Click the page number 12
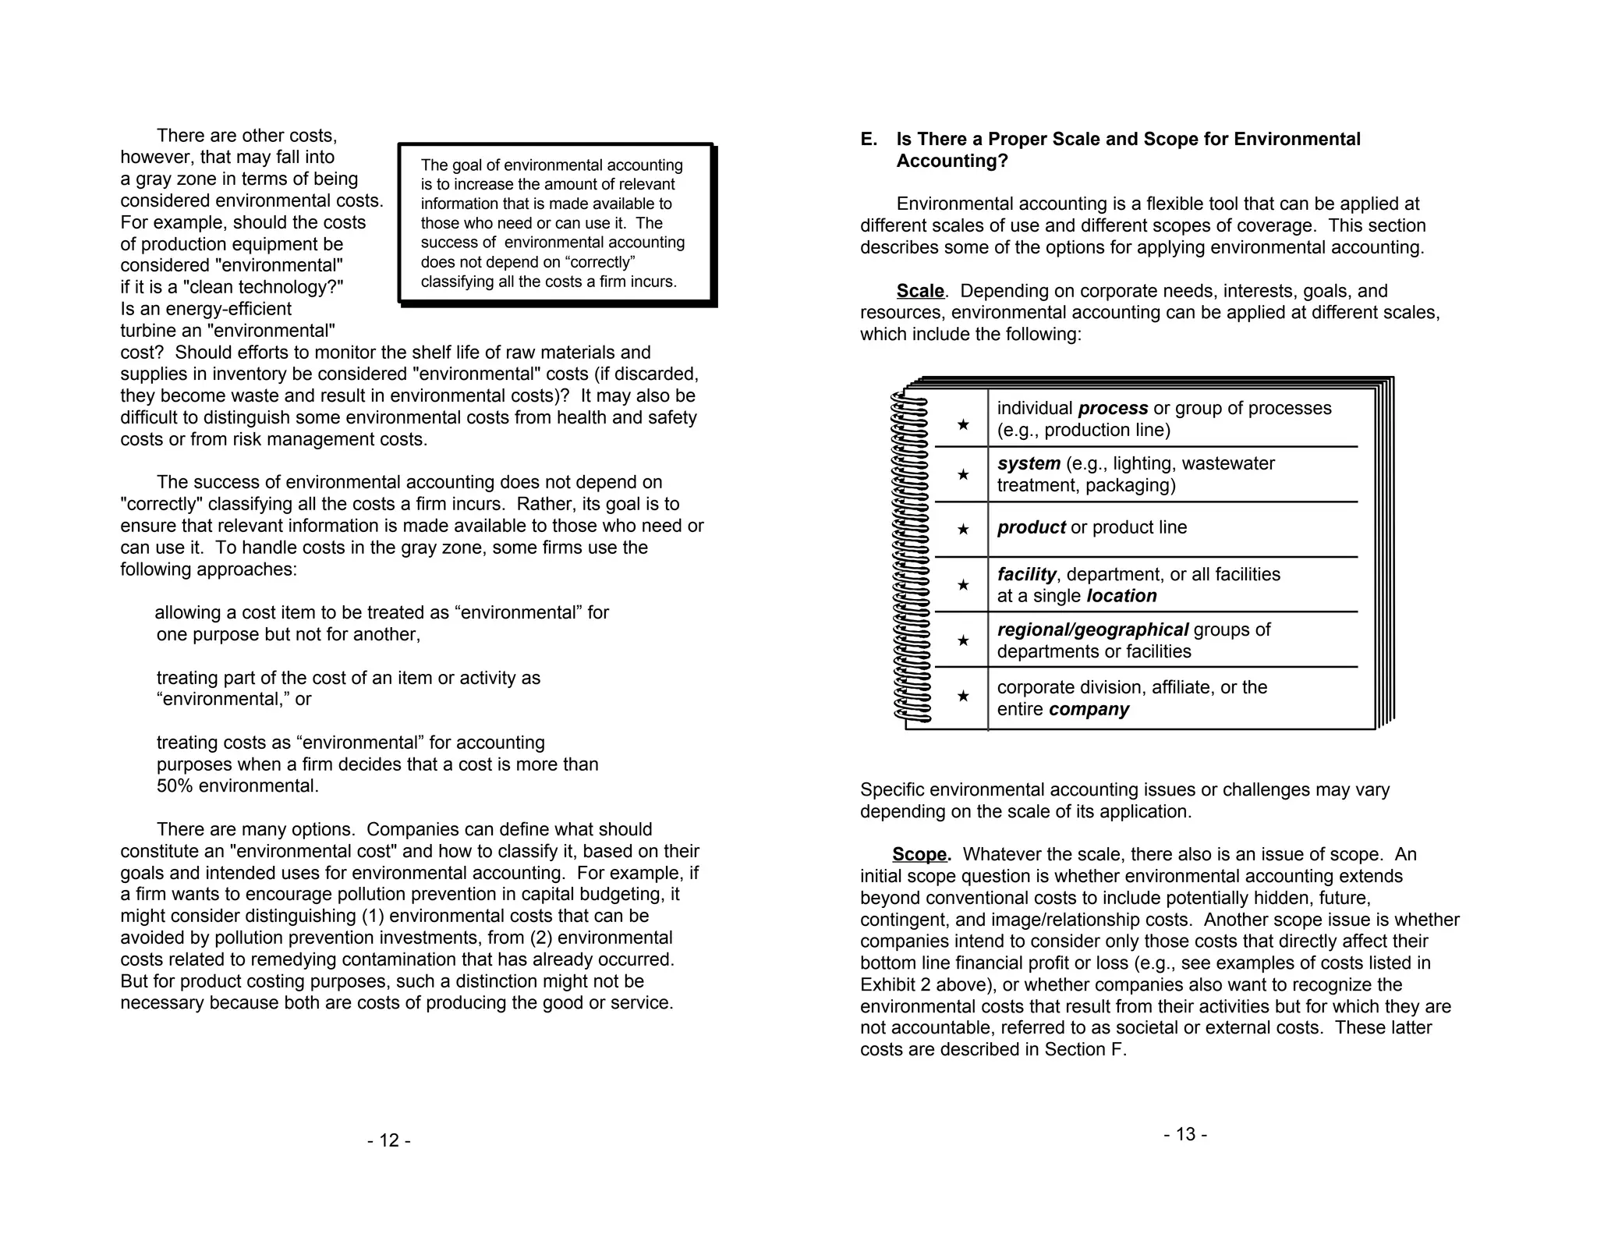click(388, 1141)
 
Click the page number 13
click(1185, 1135)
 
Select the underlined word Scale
click(920, 292)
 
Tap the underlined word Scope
click(920, 855)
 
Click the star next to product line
click(963, 529)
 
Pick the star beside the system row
click(963, 474)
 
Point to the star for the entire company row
click(963, 696)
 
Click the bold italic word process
click(1113, 409)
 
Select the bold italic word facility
click(1026, 575)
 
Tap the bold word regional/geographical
click(1092, 630)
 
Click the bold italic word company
click(1089, 710)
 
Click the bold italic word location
click(1121, 597)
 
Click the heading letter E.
click(868, 140)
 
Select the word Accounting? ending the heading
click(951, 161)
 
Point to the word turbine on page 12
click(148, 331)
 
